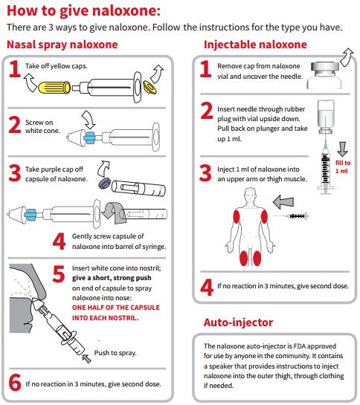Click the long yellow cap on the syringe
click(x=54, y=87)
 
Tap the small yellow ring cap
click(x=150, y=87)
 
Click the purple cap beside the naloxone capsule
click(x=105, y=183)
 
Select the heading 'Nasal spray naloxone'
click(x=62, y=45)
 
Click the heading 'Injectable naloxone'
click(x=255, y=45)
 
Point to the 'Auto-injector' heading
click(x=238, y=323)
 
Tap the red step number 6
click(x=14, y=383)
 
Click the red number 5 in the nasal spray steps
click(x=59, y=273)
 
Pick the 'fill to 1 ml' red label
click(x=343, y=167)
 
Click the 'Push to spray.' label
click(x=115, y=353)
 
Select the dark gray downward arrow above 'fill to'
click(x=342, y=149)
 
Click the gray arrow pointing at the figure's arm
click(x=283, y=202)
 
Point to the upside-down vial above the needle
click(x=326, y=117)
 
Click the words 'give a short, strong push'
click(x=112, y=278)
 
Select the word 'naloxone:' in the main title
click(x=126, y=11)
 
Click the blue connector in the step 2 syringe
click(x=90, y=137)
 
